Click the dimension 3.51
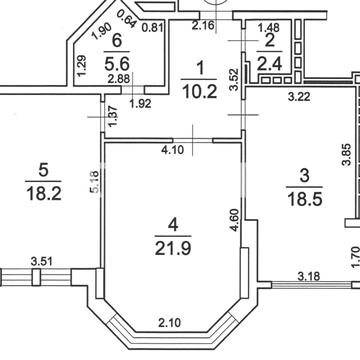[41, 261]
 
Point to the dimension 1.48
[268, 27]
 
